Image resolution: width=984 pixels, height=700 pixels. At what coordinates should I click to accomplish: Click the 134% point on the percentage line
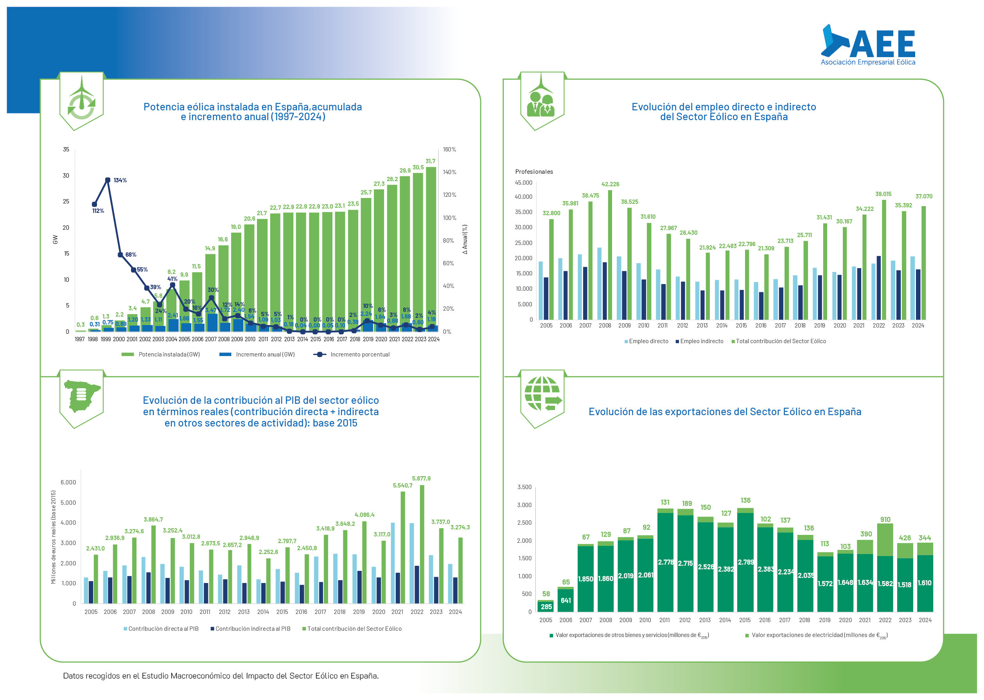pos(108,180)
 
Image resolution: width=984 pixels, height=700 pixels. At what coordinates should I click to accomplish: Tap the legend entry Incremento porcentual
pos(360,355)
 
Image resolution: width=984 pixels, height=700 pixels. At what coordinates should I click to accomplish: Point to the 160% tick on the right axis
pos(449,149)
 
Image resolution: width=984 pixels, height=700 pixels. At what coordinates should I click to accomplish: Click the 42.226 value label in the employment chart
pos(610,184)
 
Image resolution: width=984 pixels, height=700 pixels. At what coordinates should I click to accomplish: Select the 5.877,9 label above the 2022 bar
pos(421,479)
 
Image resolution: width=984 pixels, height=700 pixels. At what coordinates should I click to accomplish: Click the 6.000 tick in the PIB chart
pos(68,482)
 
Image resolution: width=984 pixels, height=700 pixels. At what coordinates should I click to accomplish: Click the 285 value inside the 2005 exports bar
pos(546,607)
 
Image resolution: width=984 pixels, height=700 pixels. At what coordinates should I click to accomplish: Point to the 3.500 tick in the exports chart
pos(524,487)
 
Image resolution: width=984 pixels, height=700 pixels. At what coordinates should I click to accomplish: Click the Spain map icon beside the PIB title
pos(81,396)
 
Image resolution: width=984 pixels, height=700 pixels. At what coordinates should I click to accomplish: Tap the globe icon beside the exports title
pos(542,394)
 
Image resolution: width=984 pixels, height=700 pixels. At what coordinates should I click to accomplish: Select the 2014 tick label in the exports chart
pos(725,620)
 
